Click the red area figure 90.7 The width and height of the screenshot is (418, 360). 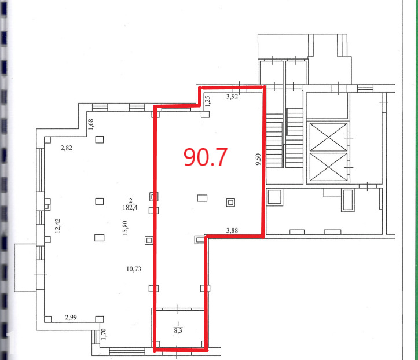(206, 157)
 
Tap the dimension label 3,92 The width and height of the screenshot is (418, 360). (232, 97)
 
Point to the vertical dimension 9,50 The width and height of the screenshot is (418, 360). (258, 159)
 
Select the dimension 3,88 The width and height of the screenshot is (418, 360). (232, 230)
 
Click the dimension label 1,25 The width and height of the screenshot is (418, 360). (208, 101)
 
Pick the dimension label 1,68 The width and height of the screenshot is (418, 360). (91, 124)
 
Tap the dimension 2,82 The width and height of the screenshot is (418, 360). (67, 148)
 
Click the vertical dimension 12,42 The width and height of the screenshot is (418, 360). (57, 226)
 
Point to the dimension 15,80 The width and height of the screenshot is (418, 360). (125, 228)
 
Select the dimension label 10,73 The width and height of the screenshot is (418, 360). (134, 269)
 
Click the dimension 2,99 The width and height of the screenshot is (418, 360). (71, 317)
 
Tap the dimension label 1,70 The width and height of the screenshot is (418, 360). (104, 334)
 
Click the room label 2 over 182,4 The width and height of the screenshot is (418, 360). (130, 204)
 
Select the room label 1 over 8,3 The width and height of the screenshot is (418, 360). (178, 328)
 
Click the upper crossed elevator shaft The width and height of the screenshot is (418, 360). (328, 137)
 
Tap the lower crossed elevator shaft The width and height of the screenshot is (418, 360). (328, 167)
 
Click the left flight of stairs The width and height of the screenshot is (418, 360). (274, 141)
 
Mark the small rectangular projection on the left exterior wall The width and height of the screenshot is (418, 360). (25, 267)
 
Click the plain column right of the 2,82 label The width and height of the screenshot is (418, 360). (100, 139)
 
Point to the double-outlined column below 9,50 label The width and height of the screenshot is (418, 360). (230, 203)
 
